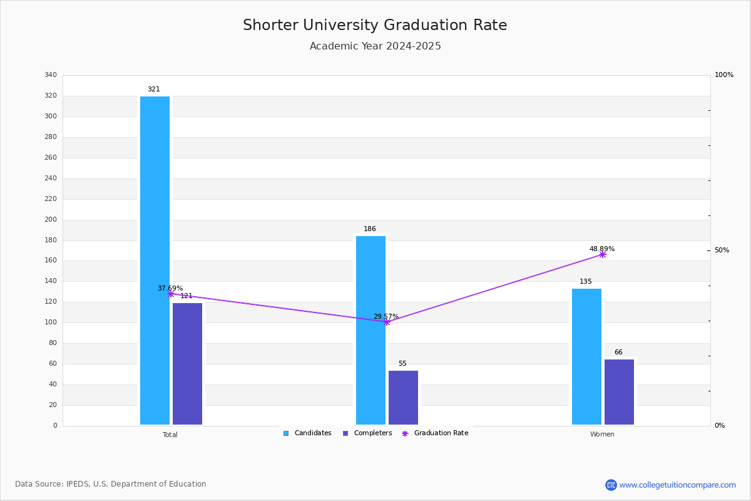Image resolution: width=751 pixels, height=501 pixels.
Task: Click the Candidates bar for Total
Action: point(155,261)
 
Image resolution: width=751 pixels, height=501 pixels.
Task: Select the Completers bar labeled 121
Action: point(187,364)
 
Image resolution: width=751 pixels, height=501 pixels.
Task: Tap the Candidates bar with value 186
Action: point(370,330)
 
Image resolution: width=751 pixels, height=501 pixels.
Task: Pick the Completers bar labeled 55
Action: point(403,398)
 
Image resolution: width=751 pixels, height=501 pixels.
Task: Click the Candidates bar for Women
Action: point(586,356)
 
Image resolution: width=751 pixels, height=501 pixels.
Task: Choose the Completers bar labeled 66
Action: point(619,392)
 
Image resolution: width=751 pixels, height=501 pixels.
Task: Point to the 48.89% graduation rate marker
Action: point(602,254)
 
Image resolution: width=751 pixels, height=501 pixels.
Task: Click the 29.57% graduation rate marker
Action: point(386,322)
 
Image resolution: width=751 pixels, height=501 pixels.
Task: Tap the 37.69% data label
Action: point(170,289)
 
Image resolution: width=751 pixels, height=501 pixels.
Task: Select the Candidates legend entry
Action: point(307,433)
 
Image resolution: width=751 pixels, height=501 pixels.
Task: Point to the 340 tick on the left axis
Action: point(51,75)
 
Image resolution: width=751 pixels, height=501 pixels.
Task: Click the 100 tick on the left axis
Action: point(51,323)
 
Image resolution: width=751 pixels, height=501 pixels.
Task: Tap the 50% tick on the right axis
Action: point(722,250)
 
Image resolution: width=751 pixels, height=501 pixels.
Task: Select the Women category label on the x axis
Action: point(602,435)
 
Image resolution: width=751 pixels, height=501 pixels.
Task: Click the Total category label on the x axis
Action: point(170,435)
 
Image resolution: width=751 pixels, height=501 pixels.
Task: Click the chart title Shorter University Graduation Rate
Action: point(375,25)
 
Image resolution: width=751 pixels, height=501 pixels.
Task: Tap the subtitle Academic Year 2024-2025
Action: point(375,46)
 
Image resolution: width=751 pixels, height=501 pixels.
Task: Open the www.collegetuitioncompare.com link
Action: point(677,485)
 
